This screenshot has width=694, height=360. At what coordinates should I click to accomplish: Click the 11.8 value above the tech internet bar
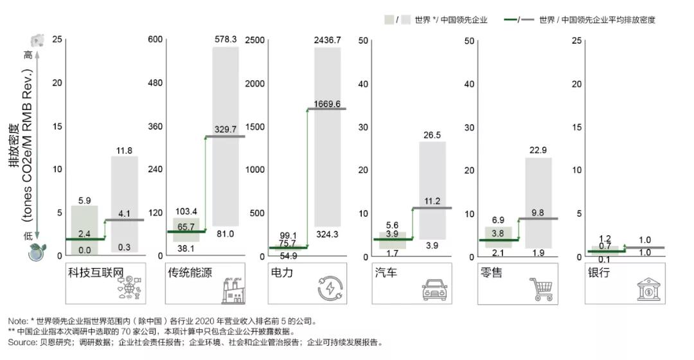(x=124, y=151)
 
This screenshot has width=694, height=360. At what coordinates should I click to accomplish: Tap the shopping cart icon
(x=540, y=289)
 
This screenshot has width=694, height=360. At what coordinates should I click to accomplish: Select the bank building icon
(x=647, y=289)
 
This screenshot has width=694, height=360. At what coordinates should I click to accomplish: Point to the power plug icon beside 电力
(x=332, y=289)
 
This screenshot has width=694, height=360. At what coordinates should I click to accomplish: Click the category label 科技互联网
(x=95, y=273)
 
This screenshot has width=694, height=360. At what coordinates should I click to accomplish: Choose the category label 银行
(x=598, y=273)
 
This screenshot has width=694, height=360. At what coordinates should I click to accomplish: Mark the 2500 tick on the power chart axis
(x=256, y=40)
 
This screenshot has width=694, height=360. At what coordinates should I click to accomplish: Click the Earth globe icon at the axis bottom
(x=37, y=255)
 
